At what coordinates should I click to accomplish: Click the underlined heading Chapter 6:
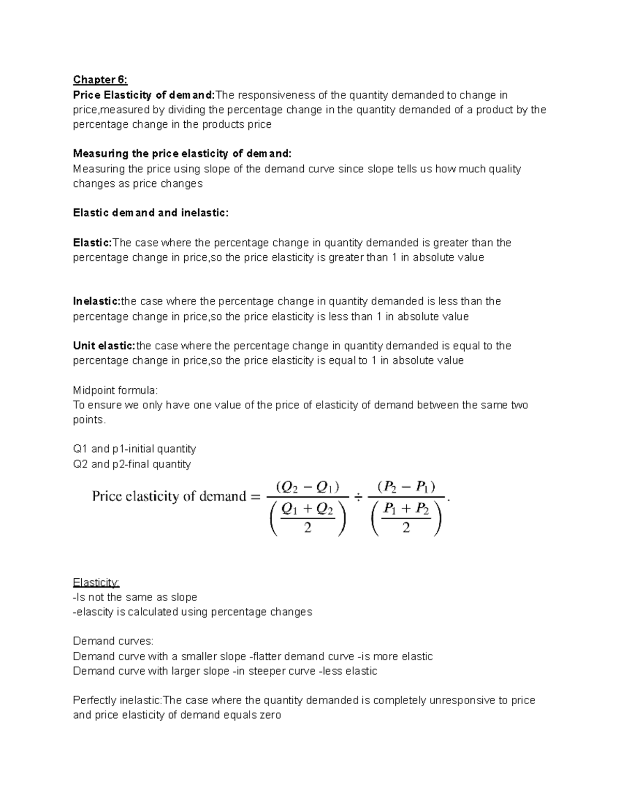point(100,80)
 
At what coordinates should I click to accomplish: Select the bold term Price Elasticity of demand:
point(144,95)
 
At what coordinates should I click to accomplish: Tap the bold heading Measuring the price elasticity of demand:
point(182,154)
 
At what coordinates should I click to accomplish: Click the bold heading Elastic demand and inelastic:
point(151,213)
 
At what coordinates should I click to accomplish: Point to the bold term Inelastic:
point(97,301)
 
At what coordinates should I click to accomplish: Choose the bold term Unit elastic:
point(104,346)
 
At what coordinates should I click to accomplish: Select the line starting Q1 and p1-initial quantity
point(135,449)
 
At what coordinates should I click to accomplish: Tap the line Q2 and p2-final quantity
point(132,464)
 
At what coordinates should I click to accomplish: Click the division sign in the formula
point(358,498)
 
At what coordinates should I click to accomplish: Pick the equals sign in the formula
point(255,497)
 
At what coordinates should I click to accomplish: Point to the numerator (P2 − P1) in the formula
point(406,487)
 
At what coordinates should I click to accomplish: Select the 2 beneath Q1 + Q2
point(307,528)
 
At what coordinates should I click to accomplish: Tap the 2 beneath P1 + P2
point(406,528)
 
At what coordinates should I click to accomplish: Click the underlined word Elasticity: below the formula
point(96,582)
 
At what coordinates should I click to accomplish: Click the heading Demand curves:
point(113,641)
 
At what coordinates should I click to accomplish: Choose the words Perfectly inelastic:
point(117,700)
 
